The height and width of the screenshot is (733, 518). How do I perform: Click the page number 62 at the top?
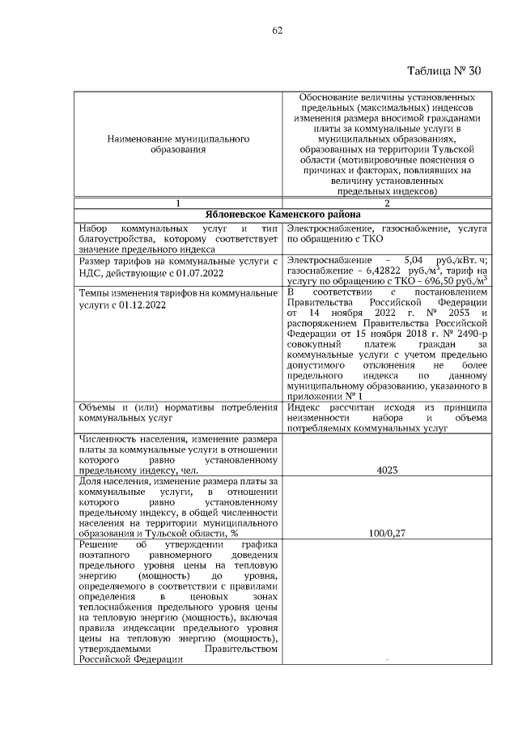click(277, 30)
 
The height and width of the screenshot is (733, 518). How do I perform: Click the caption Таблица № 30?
click(444, 70)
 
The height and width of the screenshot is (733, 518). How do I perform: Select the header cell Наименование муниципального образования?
click(178, 145)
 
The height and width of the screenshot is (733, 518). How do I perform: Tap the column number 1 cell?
click(178, 202)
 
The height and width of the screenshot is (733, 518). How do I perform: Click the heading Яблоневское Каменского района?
click(282, 215)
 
